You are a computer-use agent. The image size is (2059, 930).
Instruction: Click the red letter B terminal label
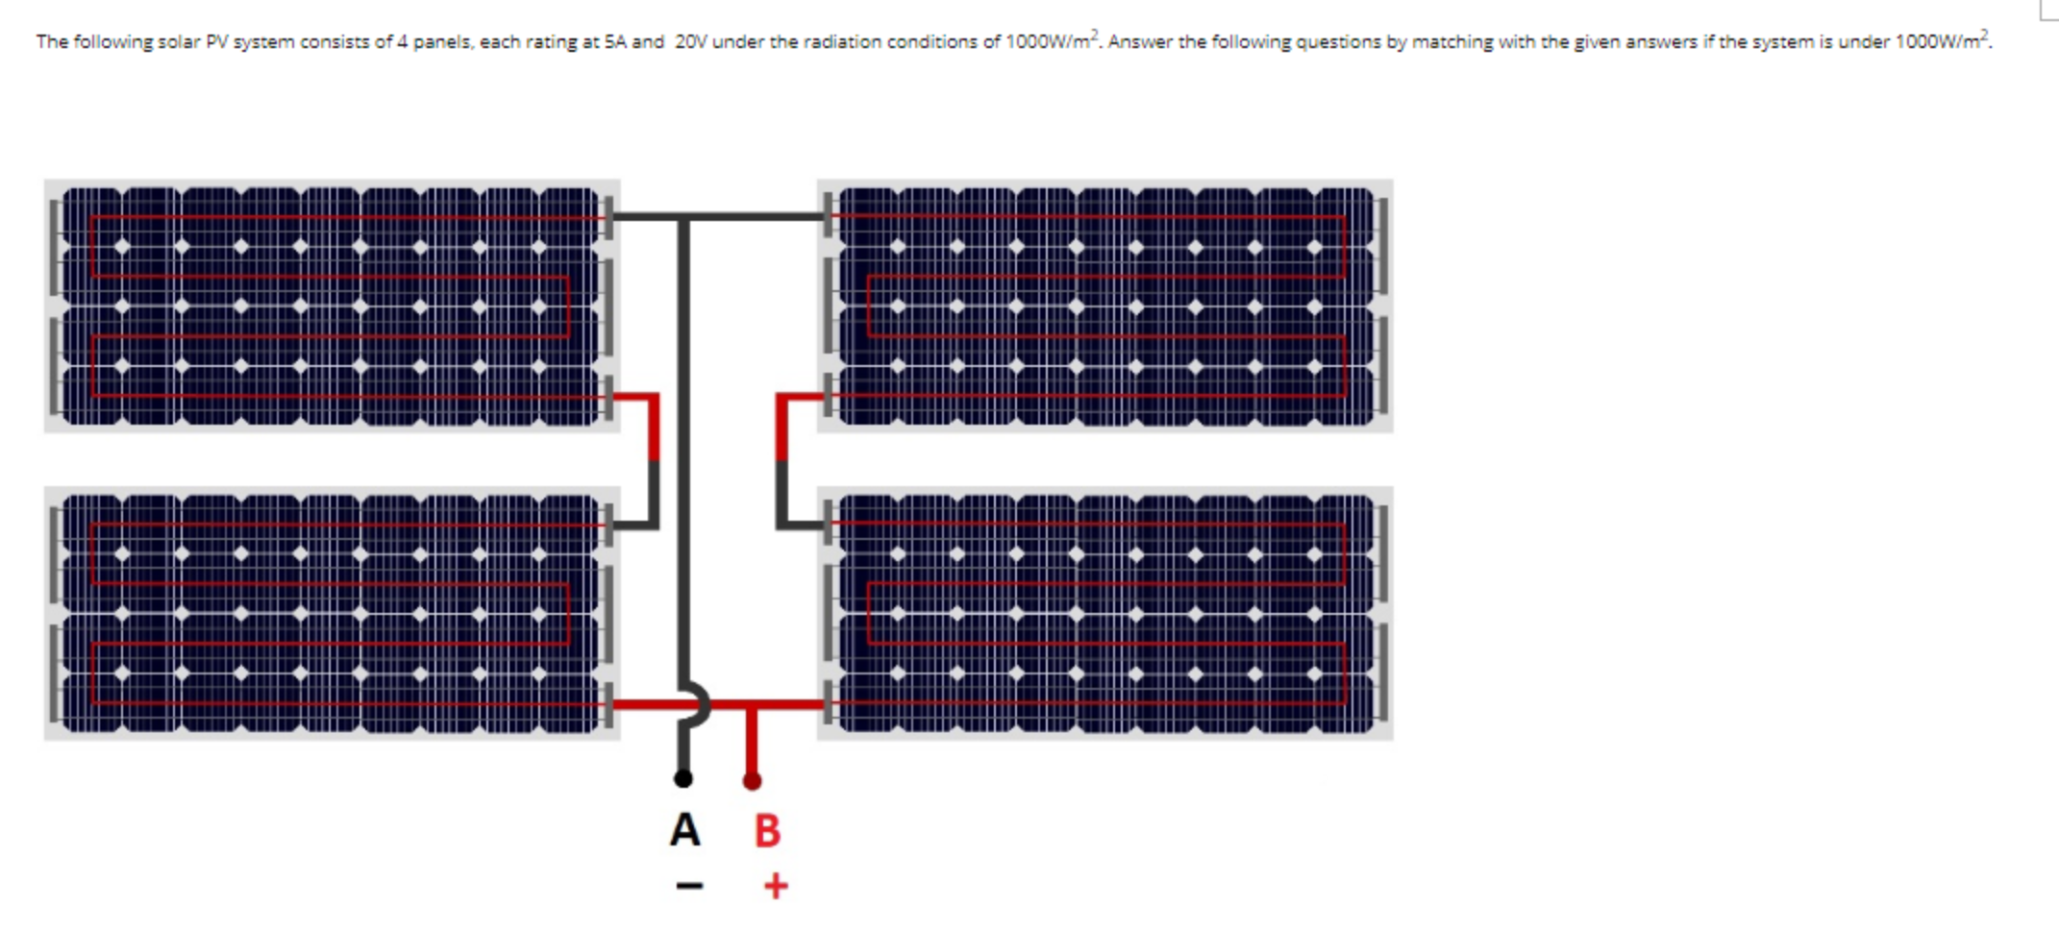(767, 831)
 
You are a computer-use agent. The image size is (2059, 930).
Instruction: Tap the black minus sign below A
(689, 885)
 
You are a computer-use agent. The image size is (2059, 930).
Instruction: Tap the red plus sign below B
(776, 886)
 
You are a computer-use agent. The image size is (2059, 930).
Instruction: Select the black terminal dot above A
(683, 778)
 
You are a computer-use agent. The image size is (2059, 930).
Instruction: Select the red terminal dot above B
(753, 781)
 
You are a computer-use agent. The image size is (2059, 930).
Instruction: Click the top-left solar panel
(332, 306)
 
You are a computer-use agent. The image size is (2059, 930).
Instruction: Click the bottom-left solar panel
(332, 613)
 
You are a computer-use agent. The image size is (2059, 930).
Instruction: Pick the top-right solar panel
(1104, 306)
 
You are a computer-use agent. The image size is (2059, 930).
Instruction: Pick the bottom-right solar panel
(1104, 613)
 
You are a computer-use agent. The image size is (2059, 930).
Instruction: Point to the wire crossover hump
(699, 704)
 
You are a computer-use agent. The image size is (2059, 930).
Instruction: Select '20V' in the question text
(691, 42)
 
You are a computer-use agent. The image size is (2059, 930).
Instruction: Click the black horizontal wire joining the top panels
(750, 216)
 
